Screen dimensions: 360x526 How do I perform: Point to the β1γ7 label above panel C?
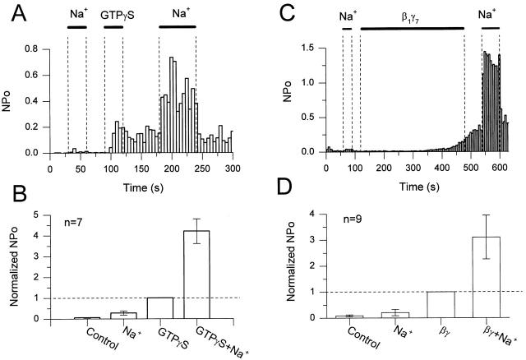[x=411, y=15]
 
